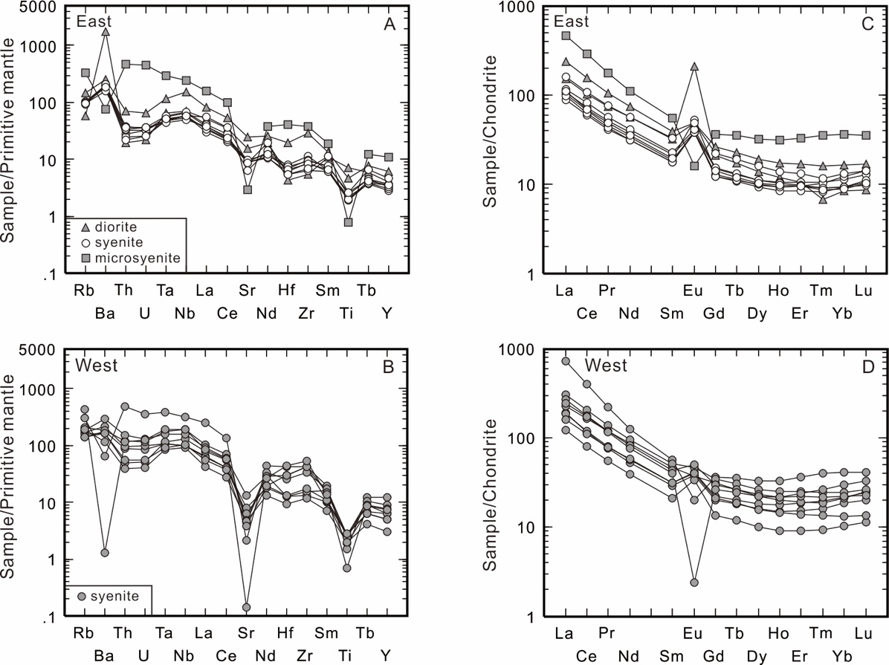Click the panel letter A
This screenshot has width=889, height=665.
389,22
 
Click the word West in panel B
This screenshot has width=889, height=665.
97,366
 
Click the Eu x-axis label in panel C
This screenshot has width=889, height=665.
693,291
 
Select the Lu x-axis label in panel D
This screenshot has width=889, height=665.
863,633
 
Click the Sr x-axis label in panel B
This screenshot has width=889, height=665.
247,633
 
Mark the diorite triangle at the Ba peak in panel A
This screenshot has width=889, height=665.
106,32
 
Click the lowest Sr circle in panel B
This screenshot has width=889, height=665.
246,607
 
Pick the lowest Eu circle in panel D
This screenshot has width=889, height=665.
694,583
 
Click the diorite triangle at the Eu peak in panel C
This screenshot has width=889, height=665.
694,66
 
